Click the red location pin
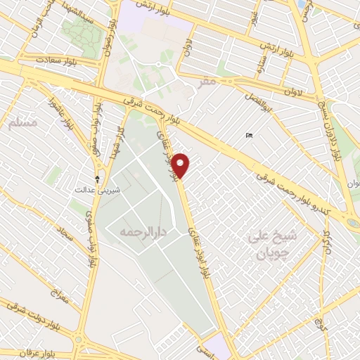pyautogui.click(x=181, y=165)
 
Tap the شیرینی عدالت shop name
pyautogui.click(x=98, y=190)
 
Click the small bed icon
pyautogui.click(x=249, y=134)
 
